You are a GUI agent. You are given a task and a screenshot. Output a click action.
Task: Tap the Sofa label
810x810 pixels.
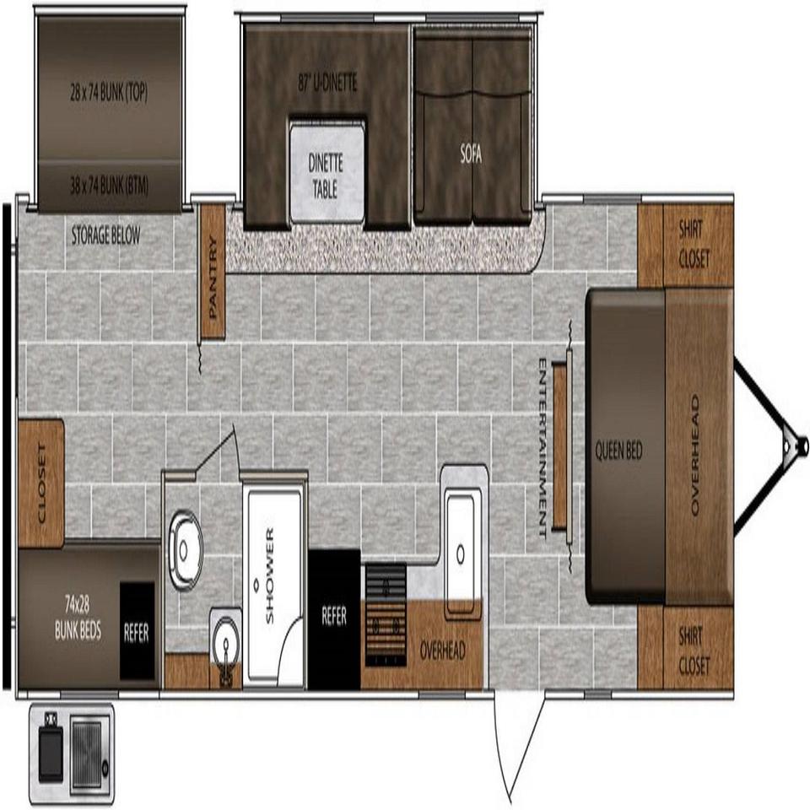pos(471,154)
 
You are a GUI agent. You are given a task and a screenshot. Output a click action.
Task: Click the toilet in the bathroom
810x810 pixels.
pos(185,549)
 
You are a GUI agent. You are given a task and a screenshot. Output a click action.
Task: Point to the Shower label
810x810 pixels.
pos(269,575)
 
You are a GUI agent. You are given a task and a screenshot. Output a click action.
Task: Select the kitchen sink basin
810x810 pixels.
pos(463,554)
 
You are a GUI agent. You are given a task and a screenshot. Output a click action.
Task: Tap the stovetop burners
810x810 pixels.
pos(386,615)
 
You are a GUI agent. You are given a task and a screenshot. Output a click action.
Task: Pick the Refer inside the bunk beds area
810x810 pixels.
pos(137,631)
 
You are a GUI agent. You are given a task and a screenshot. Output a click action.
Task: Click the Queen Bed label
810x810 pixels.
pos(618,451)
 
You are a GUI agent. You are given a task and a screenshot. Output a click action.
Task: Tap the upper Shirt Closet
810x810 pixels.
pos(685,246)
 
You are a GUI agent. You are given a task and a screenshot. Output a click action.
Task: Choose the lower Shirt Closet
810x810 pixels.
pos(685,647)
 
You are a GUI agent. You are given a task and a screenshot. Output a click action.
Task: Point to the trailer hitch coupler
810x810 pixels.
pos(802,445)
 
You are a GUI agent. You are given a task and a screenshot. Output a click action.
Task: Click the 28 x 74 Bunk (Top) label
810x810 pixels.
pos(109,93)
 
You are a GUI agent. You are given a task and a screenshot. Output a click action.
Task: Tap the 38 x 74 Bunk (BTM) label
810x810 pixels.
pos(109,186)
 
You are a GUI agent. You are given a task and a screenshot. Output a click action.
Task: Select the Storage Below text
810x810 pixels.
pos(105,235)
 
